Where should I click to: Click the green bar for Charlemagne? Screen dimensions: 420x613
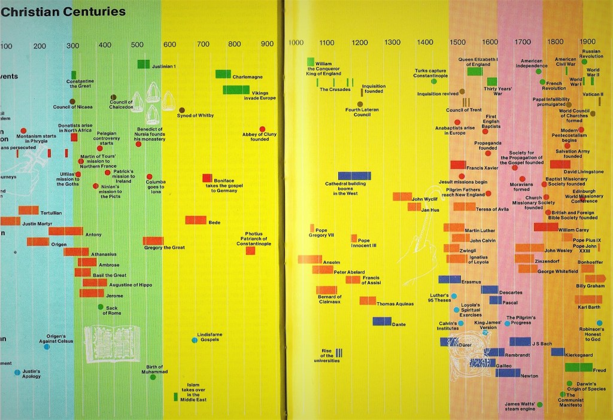[x=223, y=74]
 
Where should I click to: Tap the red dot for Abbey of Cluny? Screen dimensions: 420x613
[x=262, y=129]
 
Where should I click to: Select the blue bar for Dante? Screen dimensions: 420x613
[x=382, y=321]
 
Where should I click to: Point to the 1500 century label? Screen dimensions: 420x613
[x=457, y=42]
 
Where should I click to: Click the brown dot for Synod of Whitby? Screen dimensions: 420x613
[x=182, y=111]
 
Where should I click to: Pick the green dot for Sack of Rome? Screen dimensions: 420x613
[x=101, y=307]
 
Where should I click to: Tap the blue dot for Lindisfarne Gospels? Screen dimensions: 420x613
[x=195, y=340]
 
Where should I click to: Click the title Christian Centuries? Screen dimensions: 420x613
[x=63, y=12]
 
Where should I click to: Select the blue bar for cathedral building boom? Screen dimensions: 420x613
[x=354, y=176]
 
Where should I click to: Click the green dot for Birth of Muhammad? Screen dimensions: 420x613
[x=153, y=377]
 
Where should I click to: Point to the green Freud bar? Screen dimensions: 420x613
[x=578, y=367]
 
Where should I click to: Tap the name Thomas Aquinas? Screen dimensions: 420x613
[x=394, y=304]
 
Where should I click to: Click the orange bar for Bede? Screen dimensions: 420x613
[x=196, y=220]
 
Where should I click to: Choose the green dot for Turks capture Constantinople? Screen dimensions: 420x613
[x=434, y=80]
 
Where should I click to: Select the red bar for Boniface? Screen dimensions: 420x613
[x=207, y=178]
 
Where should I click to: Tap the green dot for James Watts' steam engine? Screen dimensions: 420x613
[x=539, y=404]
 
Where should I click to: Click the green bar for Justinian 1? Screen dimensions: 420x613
[x=144, y=64]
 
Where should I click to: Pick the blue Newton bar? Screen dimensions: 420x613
[x=508, y=373]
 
